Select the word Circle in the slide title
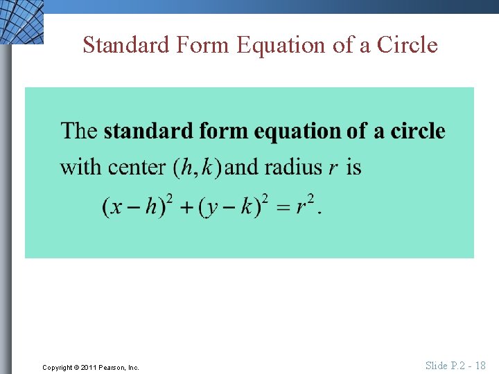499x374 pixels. pyautogui.click(x=408, y=45)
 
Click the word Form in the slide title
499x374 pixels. pyautogui.click(x=202, y=45)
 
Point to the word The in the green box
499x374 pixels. pyautogui.click(x=79, y=131)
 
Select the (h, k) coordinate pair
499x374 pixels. pyautogui.click(x=198, y=168)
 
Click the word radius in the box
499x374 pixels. pyautogui.click(x=292, y=168)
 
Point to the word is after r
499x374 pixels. pyautogui.click(x=353, y=168)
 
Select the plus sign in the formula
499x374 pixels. pyautogui.click(x=186, y=207)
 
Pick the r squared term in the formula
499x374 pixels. pyautogui.click(x=305, y=205)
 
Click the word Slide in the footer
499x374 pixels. pyautogui.click(x=437, y=366)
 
